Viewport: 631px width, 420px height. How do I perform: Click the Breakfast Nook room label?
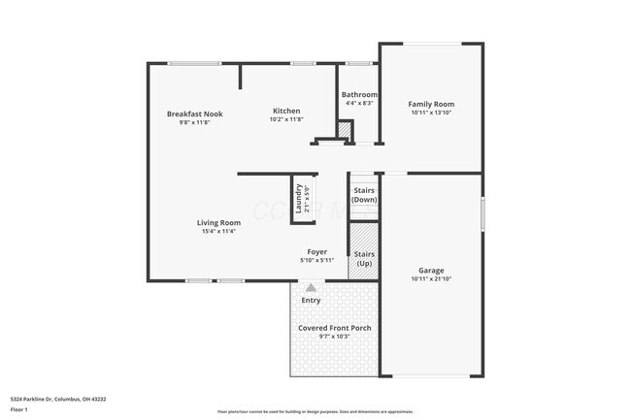tap(194, 113)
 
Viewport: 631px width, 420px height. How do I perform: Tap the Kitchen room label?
tap(286, 111)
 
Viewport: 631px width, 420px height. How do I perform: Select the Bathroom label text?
tap(359, 95)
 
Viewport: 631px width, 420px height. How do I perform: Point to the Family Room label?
tap(431, 104)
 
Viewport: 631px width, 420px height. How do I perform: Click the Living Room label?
tap(218, 222)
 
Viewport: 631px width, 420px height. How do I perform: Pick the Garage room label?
tap(431, 270)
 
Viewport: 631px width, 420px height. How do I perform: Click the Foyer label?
tap(317, 251)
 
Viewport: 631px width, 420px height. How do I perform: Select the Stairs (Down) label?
tap(364, 194)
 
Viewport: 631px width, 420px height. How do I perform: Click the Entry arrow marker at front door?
tap(311, 287)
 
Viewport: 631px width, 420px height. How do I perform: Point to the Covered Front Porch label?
tap(334, 328)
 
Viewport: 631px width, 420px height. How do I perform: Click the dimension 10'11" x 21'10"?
tap(431, 278)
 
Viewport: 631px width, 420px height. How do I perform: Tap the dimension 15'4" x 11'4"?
tap(218, 231)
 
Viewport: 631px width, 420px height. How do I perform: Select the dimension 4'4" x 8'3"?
tap(359, 103)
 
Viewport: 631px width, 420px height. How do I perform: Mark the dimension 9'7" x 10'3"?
tap(334, 337)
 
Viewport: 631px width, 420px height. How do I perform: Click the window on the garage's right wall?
tap(482, 213)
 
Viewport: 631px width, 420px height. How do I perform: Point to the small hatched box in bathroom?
tap(344, 130)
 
